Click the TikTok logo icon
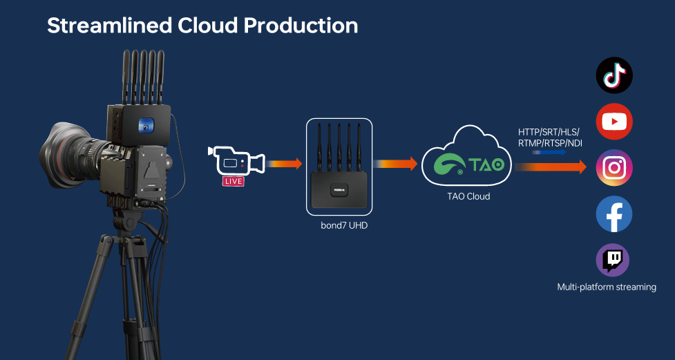pos(614,75)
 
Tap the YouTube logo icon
pos(614,122)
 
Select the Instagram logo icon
pos(614,167)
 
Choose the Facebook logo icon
pos(614,214)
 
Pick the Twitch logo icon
pos(613,260)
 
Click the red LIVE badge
pos(234,181)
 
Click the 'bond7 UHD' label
pos(344,225)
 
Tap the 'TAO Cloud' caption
pos(468,196)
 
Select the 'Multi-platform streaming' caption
pos(607,287)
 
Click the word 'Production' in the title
pos(301,26)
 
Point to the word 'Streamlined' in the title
pos(109,26)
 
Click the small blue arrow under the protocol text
pos(549,152)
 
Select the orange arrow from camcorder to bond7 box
pos(284,164)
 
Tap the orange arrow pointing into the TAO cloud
pos(395,164)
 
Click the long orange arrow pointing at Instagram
pos(551,167)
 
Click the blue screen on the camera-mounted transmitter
pos(146,125)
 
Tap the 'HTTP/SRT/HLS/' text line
pos(549,132)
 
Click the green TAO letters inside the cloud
pos(486,164)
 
